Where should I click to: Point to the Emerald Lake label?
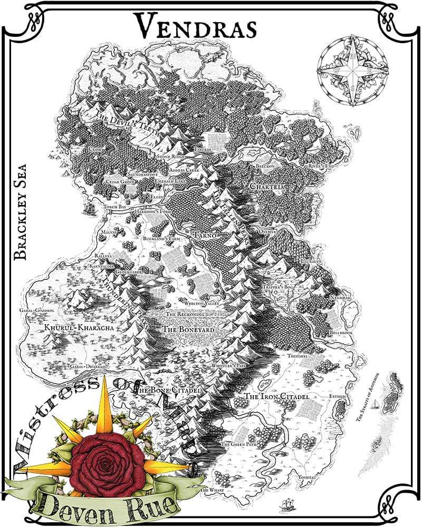click(170, 181)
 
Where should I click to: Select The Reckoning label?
click(185, 315)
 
